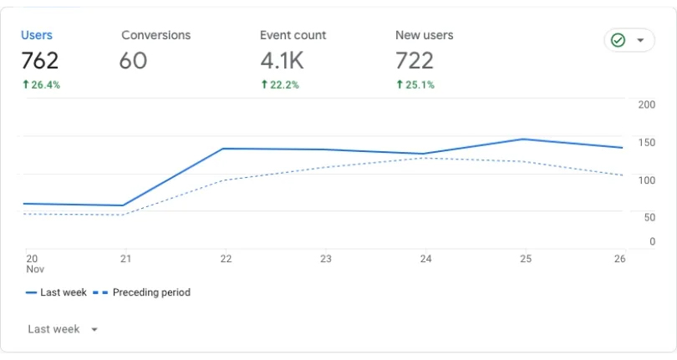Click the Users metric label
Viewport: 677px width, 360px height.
pyautogui.click(x=37, y=35)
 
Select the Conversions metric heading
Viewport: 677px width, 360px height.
pyautogui.click(x=155, y=35)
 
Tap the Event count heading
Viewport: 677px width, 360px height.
pyautogui.click(x=293, y=35)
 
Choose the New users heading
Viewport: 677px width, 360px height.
pyautogui.click(x=425, y=35)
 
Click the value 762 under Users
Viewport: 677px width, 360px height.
pyautogui.click(x=40, y=60)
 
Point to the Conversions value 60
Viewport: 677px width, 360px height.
pyautogui.click(x=134, y=60)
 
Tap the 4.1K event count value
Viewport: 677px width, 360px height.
pyautogui.click(x=282, y=60)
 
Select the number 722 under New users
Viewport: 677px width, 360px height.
pyautogui.click(x=415, y=60)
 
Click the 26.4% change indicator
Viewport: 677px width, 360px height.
pyautogui.click(x=42, y=84)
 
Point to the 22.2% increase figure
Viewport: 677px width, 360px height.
pyautogui.click(x=280, y=84)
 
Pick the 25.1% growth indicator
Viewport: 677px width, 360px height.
pyautogui.click(x=415, y=84)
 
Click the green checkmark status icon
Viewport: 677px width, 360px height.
pyautogui.click(x=618, y=40)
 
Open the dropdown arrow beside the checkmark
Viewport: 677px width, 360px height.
pyautogui.click(x=640, y=40)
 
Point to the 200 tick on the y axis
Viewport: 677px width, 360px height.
pyautogui.click(x=646, y=104)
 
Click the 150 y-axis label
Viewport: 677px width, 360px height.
pyautogui.click(x=646, y=143)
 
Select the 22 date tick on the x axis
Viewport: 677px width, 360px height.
pyautogui.click(x=226, y=259)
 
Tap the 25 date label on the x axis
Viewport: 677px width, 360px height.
pyautogui.click(x=526, y=259)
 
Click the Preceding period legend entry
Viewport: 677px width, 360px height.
pyautogui.click(x=141, y=292)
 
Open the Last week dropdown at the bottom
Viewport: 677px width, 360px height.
pyautogui.click(x=63, y=329)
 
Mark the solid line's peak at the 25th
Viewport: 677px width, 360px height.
pyautogui.click(x=523, y=139)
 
